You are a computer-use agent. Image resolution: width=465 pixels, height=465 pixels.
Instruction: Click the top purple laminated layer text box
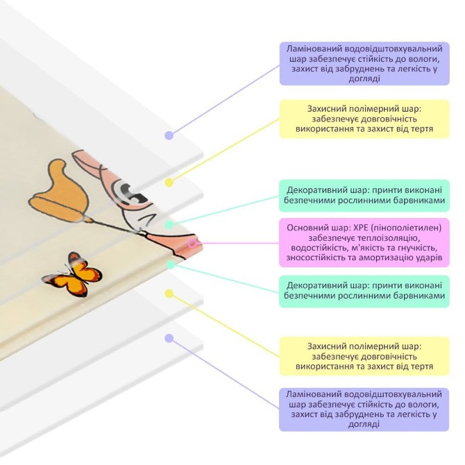click(x=364, y=64)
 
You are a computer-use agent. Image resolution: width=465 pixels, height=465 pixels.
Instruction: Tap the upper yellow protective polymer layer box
click(x=364, y=119)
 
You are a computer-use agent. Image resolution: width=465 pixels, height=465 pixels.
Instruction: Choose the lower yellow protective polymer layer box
click(x=364, y=355)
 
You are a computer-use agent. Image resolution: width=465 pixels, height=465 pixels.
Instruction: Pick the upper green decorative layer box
click(x=364, y=195)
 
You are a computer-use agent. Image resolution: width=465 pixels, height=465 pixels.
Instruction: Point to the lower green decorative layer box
click(x=364, y=291)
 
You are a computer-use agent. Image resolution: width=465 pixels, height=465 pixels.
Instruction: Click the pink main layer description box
click(x=364, y=242)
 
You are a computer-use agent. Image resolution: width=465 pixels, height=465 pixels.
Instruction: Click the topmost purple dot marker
click(x=169, y=135)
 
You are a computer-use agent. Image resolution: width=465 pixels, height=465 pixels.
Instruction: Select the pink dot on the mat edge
click(x=194, y=243)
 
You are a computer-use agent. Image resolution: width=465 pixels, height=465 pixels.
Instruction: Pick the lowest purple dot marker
click(x=169, y=338)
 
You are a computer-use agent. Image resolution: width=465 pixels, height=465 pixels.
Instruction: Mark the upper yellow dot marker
click(x=169, y=182)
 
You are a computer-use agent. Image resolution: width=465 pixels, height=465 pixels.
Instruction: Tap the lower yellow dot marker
click(x=169, y=294)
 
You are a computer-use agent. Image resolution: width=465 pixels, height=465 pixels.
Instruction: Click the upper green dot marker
click(x=169, y=224)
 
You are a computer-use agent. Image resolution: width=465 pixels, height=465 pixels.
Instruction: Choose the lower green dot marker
click(x=170, y=264)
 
